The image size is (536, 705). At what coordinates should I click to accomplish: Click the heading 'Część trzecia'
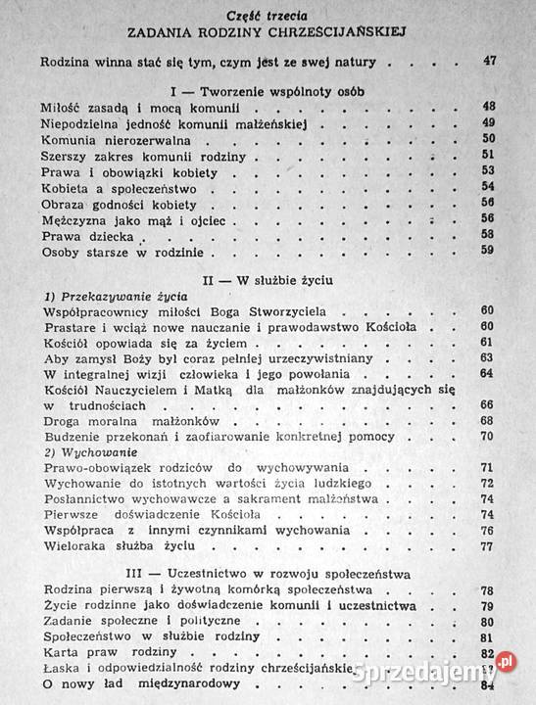tap(267, 13)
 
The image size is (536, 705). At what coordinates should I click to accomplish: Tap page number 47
tap(490, 63)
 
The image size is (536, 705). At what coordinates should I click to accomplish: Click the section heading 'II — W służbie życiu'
tap(267, 280)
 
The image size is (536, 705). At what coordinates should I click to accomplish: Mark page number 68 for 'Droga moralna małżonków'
tap(487, 420)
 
